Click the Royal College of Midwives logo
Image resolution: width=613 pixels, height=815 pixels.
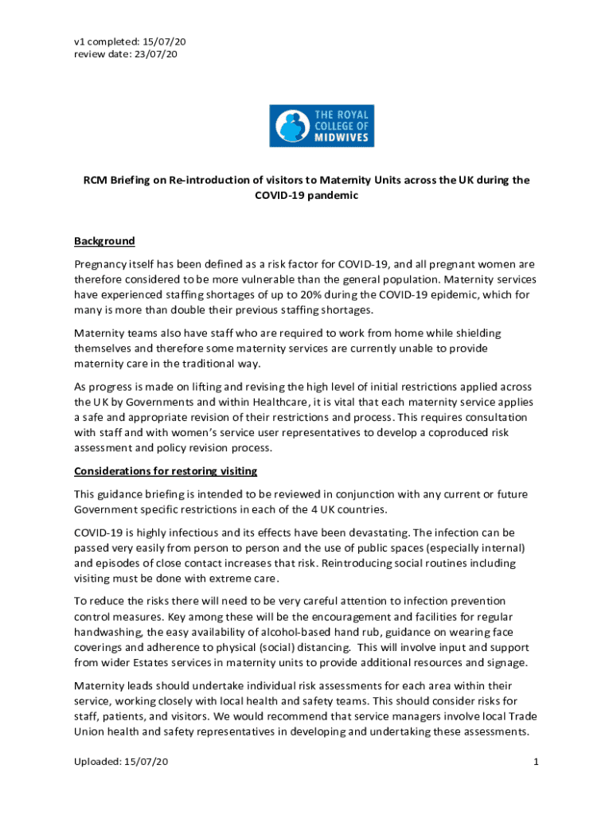322,127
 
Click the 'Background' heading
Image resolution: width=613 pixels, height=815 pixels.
104,241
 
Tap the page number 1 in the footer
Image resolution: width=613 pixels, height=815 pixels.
537,762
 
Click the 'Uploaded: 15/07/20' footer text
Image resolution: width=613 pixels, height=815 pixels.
121,762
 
